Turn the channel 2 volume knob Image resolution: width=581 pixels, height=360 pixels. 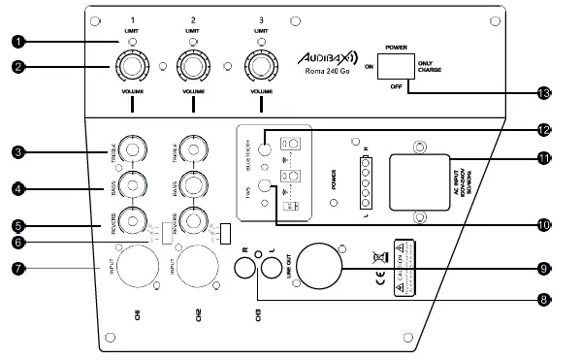pyautogui.click(x=194, y=67)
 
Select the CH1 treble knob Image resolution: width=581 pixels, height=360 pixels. pyautogui.click(x=128, y=152)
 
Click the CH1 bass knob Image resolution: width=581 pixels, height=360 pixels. pyautogui.click(x=128, y=184)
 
